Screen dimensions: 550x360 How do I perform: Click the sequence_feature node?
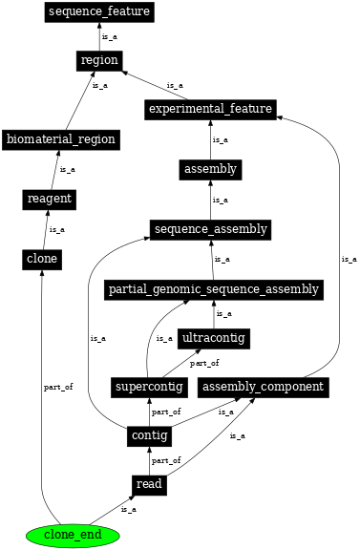coord(99,12)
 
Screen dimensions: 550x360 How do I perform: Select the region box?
coord(99,60)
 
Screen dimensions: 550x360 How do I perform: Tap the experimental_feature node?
coord(210,109)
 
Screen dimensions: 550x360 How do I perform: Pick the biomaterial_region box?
coord(60,139)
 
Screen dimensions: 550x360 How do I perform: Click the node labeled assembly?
coord(210,170)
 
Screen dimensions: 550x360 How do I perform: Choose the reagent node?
coord(49,199)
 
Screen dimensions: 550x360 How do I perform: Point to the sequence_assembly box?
coord(210,229)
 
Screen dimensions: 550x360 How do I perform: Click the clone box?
coord(41,259)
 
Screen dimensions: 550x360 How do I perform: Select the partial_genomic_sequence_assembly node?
coord(213,289)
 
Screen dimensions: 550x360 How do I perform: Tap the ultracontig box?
coord(213,338)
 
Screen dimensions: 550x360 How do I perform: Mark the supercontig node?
coord(148,387)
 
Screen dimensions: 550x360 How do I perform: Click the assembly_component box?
coord(265,387)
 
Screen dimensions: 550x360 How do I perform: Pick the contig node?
coord(149,436)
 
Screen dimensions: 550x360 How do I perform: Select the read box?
coord(149,485)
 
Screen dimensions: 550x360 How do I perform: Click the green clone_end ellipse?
coord(73,535)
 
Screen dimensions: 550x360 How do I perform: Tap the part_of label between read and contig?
coord(166,460)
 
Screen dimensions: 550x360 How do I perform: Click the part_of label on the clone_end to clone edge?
coord(58,387)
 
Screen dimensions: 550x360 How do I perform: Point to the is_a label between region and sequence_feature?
coord(110,36)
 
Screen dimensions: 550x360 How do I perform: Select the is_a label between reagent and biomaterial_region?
coord(67,169)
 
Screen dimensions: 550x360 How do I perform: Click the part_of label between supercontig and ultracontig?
coord(203,363)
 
